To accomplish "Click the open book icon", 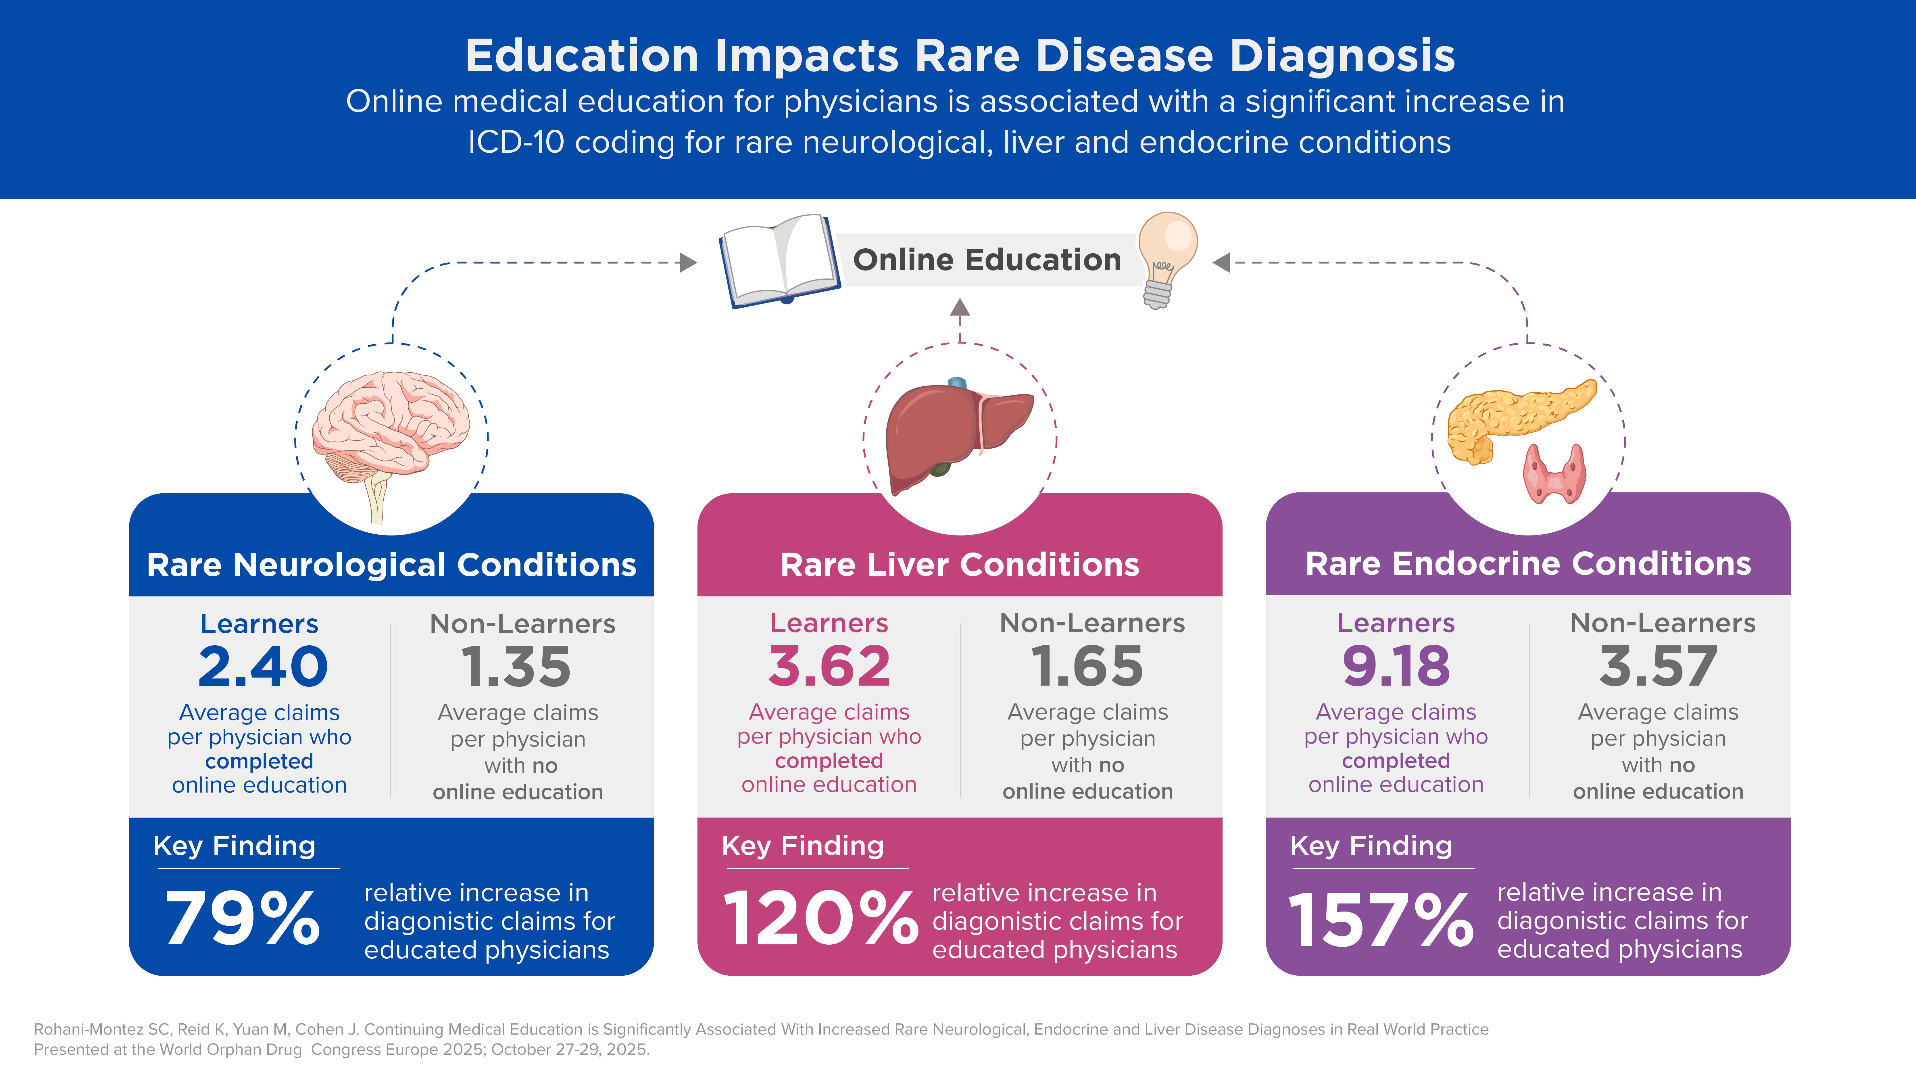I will tap(779, 260).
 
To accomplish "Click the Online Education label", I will tap(987, 260).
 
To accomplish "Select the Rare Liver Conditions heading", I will tap(960, 565).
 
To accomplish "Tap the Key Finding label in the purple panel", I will tap(1371, 846).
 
